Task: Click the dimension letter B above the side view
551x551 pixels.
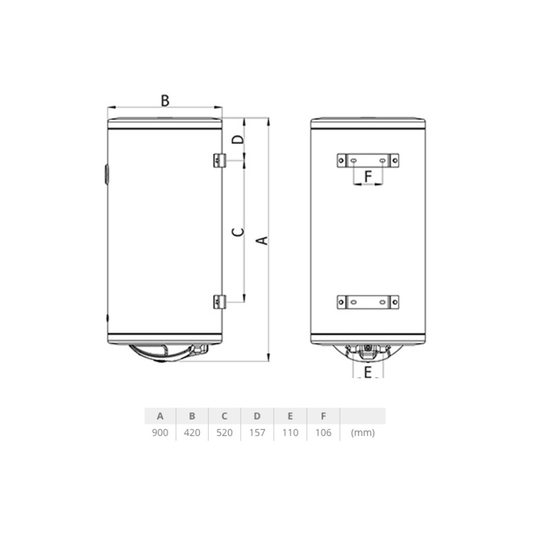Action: click(165, 101)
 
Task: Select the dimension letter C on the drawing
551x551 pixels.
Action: click(238, 232)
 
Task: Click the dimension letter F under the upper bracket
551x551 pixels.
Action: click(368, 176)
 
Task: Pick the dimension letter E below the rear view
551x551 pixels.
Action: click(368, 372)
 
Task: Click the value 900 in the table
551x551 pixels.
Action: click(160, 433)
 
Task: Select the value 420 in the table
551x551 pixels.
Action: click(192, 433)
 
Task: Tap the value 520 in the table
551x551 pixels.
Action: click(225, 433)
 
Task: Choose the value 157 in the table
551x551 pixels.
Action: click(257, 433)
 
